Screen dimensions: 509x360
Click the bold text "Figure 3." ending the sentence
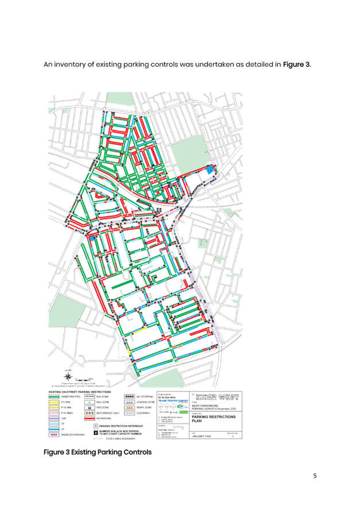click(297, 65)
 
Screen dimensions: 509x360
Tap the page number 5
click(315, 475)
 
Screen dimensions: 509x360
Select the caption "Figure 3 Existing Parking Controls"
click(98, 452)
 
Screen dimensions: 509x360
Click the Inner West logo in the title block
click(218, 396)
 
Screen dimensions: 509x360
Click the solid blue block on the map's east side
click(210, 169)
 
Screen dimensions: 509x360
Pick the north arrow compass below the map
click(69, 374)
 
